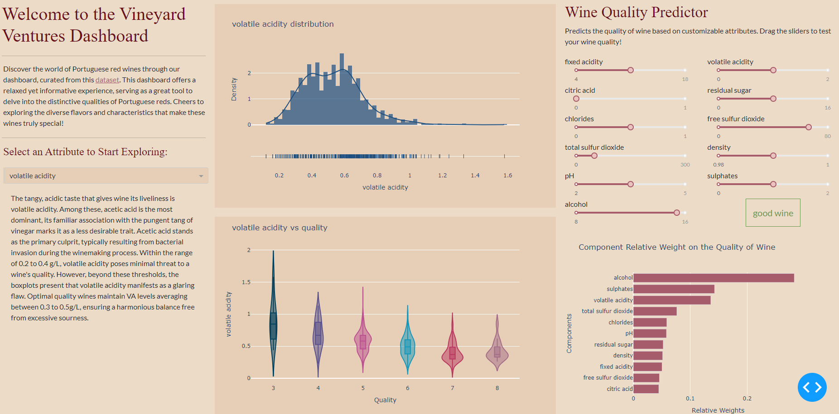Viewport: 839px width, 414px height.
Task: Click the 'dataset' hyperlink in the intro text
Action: (107, 80)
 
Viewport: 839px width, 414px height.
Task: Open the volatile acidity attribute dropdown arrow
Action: (201, 176)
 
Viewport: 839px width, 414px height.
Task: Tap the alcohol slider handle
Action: (676, 213)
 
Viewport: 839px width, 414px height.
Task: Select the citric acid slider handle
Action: (576, 99)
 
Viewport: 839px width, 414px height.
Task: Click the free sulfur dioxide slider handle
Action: (808, 127)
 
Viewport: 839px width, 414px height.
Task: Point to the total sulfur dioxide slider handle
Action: (594, 156)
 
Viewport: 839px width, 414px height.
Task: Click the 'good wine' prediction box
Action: (773, 213)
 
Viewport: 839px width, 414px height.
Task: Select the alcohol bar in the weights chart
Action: (714, 278)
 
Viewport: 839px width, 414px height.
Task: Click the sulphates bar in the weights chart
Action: (674, 289)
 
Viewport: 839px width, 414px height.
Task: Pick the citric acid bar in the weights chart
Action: (646, 389)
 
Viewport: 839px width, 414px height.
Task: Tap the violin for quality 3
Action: (273, 326)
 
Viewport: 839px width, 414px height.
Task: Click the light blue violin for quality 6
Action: (408, 346)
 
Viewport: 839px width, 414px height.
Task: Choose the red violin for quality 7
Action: (452, 353)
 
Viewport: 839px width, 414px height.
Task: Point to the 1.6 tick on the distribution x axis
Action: (507, 176)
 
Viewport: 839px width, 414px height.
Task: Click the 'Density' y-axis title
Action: (234, 89)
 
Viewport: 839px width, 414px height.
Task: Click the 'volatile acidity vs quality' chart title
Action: (280, 228)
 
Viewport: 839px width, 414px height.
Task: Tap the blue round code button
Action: (812, 387)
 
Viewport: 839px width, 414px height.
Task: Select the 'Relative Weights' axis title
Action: (718, 410)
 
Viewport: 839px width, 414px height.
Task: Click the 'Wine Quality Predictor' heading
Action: (636, 12)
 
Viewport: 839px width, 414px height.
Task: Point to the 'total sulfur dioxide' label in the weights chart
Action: (607, 311)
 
